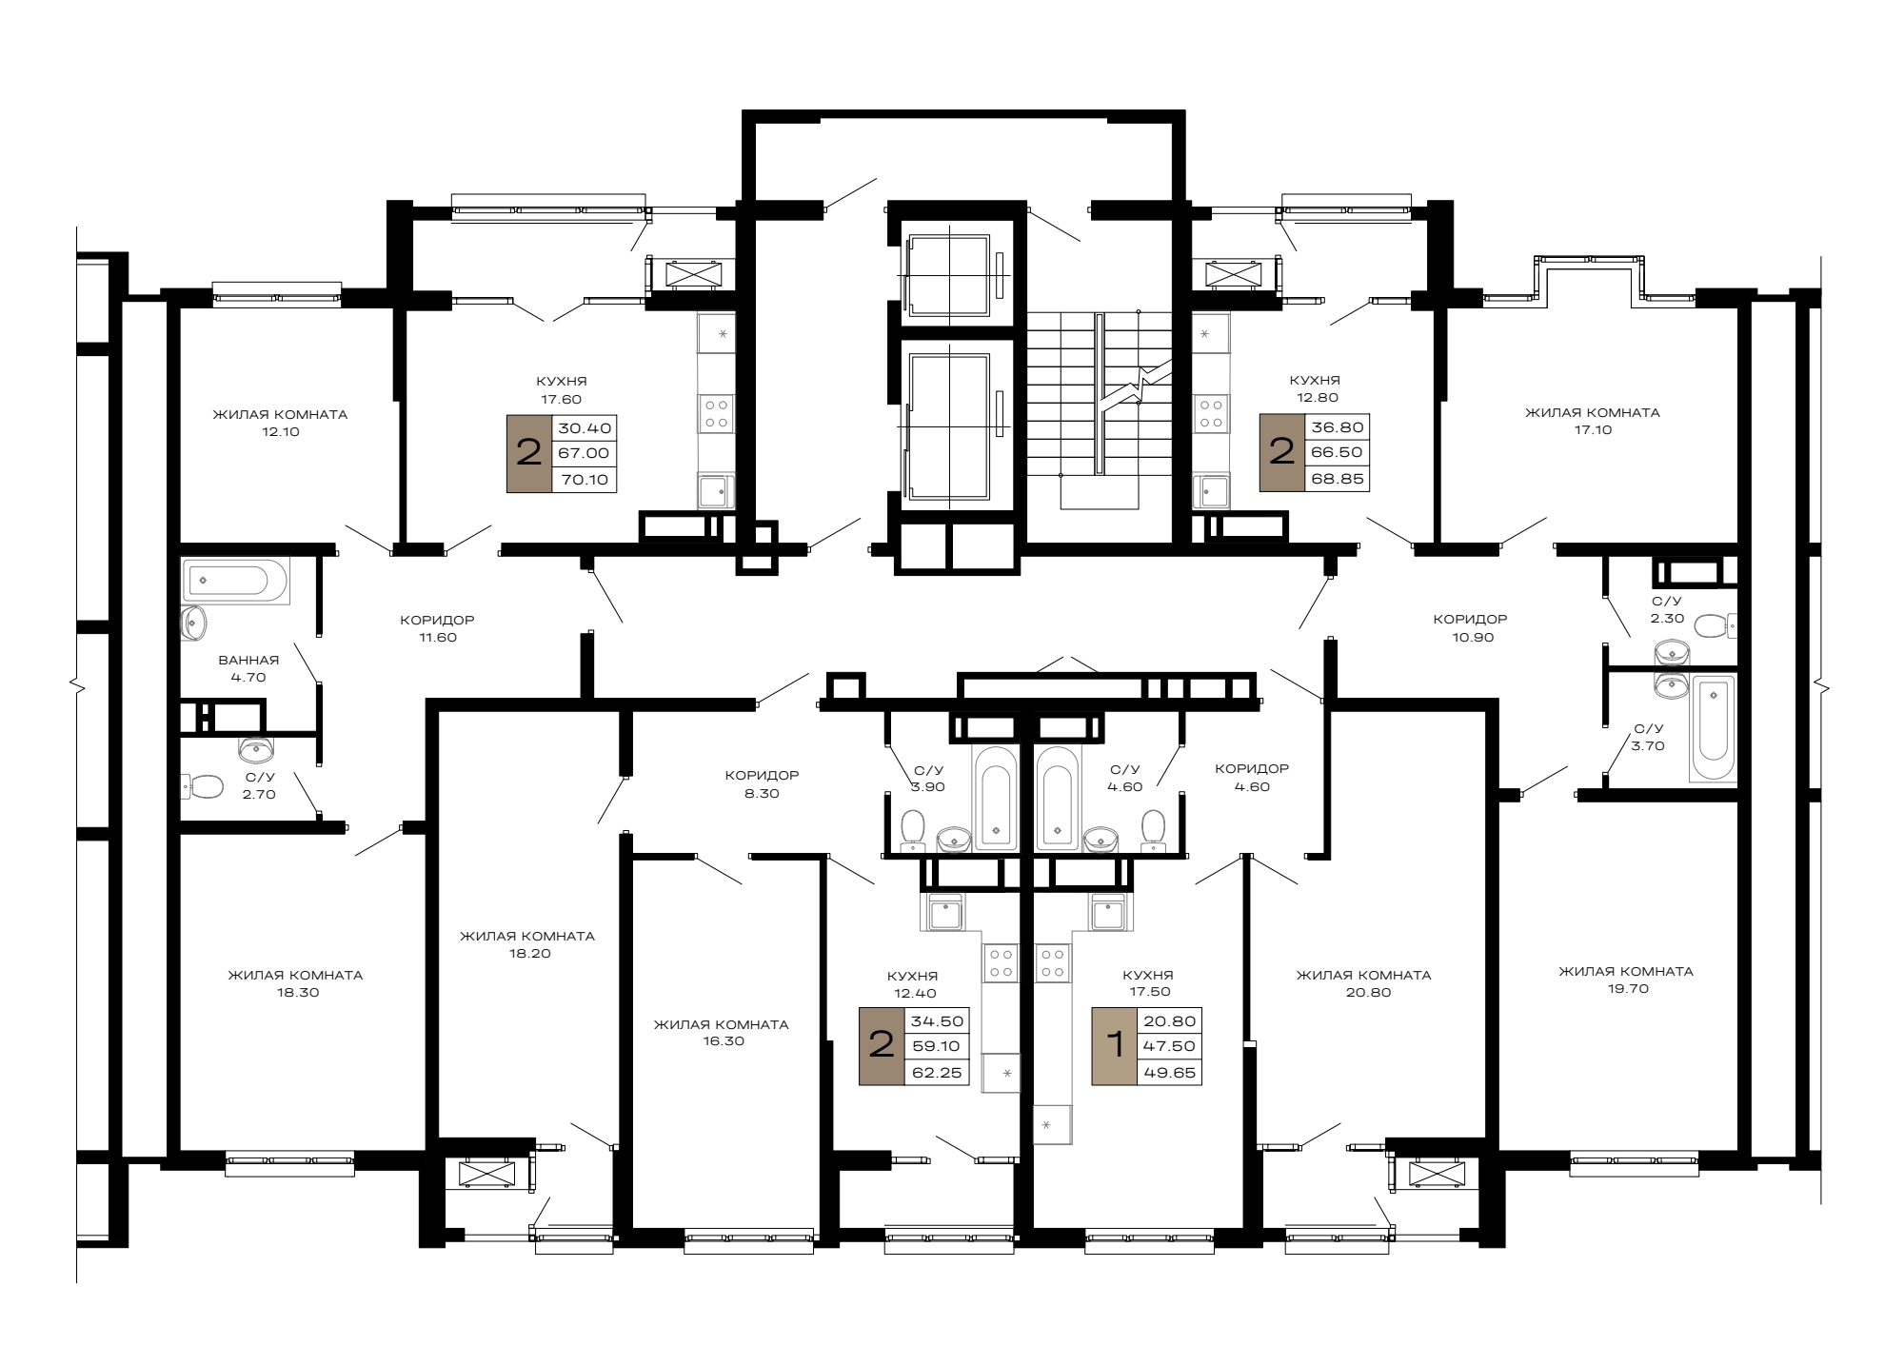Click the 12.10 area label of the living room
pos(279,432)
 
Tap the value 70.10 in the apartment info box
pos(585,480)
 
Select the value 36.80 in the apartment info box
pos(1338,427)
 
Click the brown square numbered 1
pos(1114,1046)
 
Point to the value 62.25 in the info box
pos(937,1073)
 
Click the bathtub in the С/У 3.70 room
pos(1713,728)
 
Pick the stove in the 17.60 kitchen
pos(716,412)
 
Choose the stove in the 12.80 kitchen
pos(1211,412)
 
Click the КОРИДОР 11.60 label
pos(437,628)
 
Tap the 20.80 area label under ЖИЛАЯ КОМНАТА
pos(1363,992)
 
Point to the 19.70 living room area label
pos(1625,988)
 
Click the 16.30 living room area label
pos(721,1041)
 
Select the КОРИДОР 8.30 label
pos(762,783)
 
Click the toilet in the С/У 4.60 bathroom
pos(1154,828)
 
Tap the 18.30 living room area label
pos(295,992)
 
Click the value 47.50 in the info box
pos(1168,1046)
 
